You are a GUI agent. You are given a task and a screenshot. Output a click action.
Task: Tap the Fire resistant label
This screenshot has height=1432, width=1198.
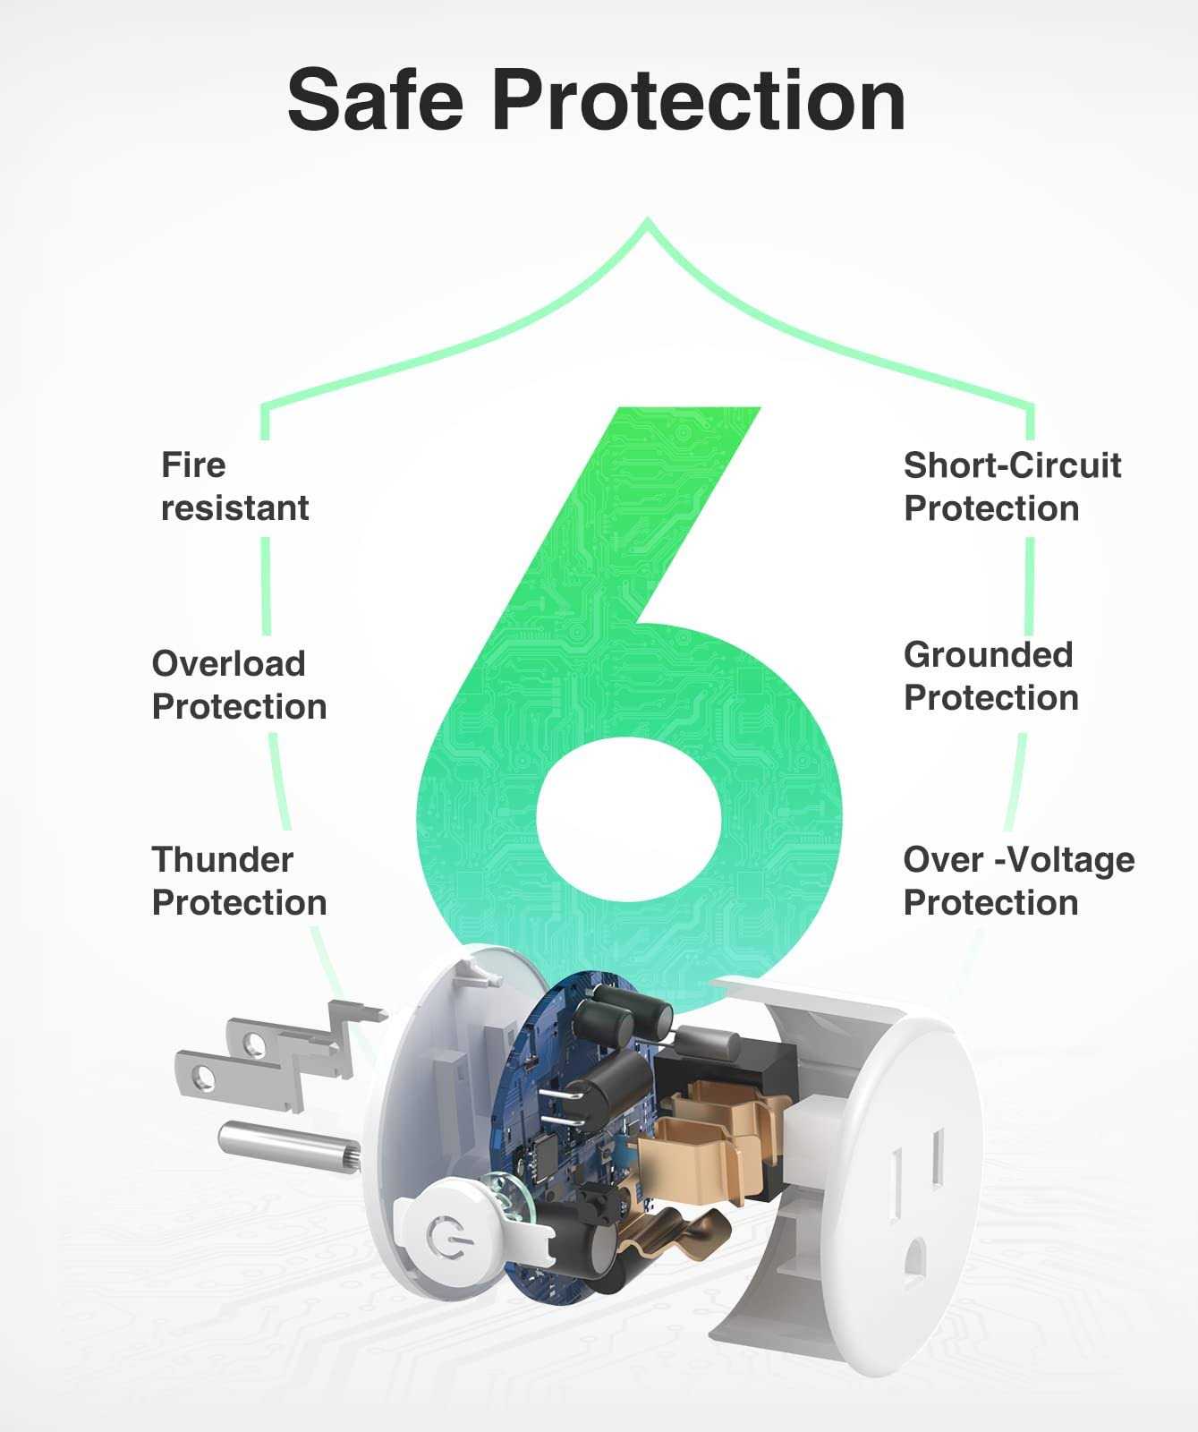234,487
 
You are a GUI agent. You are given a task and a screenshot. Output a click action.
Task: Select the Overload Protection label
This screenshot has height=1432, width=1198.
239,685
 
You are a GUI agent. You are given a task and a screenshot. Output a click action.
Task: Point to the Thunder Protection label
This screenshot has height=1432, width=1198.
239,881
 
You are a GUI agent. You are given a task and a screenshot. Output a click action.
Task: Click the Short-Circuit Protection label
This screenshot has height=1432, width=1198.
1012,487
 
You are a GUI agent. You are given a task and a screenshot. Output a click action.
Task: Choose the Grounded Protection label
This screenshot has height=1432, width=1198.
991,676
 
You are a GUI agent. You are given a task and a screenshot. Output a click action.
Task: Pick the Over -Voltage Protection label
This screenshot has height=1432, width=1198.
1019,881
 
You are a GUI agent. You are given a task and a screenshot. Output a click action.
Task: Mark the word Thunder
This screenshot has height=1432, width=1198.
223,860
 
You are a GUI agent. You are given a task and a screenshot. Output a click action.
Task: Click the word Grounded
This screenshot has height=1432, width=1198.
988,655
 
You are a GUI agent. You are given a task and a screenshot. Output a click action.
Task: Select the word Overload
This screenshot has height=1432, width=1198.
229,664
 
